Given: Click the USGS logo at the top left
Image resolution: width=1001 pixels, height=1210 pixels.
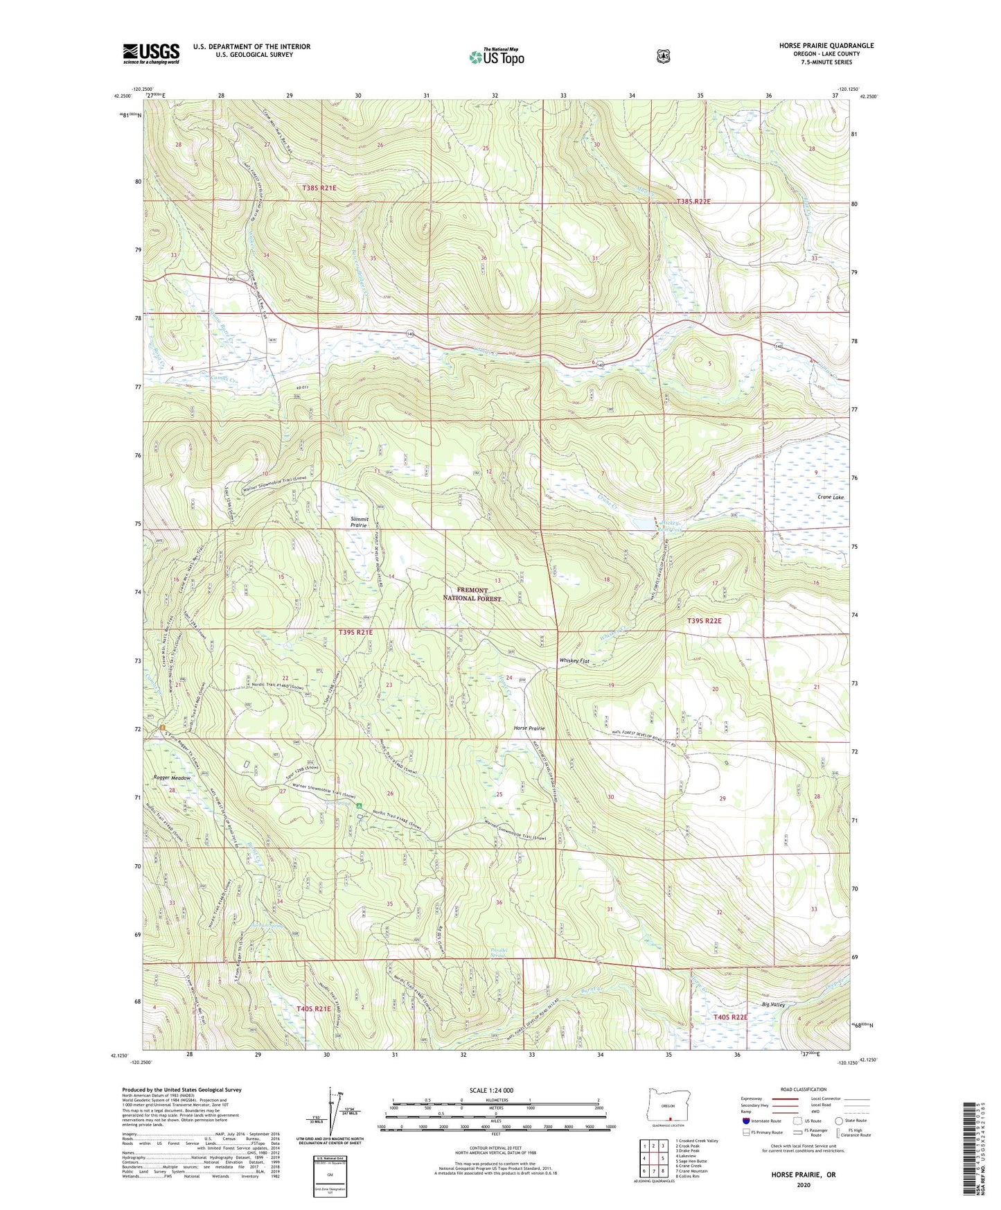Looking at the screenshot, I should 151,53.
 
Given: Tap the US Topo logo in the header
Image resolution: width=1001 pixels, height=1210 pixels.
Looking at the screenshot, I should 496,56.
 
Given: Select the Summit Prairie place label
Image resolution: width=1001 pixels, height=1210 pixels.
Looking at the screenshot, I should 358,523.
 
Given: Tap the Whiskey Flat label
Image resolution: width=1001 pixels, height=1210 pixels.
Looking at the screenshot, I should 574,661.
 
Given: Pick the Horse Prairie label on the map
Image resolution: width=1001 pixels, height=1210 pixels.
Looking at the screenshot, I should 529,728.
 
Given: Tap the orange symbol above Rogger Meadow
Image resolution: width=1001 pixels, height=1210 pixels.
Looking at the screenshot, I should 163,728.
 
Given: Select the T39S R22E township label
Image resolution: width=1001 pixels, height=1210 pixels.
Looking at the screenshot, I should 704,621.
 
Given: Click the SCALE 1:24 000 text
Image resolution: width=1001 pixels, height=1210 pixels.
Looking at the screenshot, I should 491,1090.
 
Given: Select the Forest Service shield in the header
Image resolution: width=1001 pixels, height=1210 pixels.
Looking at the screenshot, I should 663,55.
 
